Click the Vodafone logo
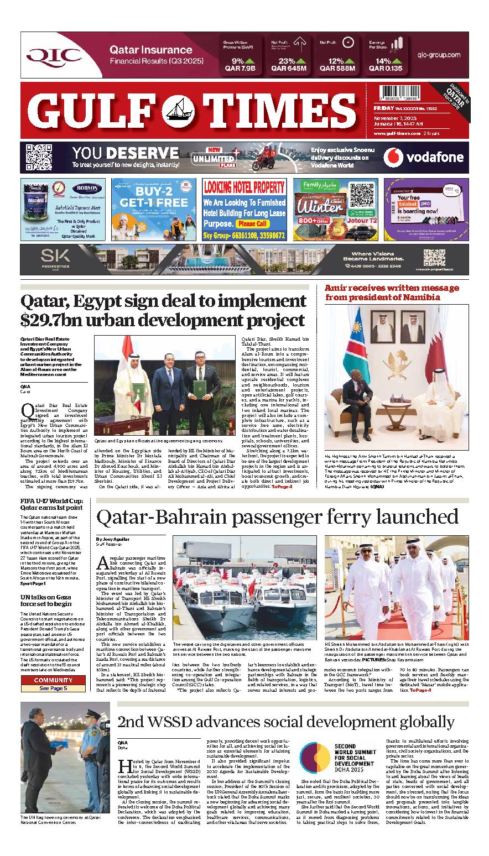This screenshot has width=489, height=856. click(x=424, y=158)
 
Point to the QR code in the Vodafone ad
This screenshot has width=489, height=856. click(x=39, y=157)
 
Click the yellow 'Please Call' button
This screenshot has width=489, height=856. click(x=252, y=224)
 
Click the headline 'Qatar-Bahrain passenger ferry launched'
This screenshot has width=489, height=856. click(x=277, y=516)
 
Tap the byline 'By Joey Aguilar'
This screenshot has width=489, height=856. click(x=113, y=539)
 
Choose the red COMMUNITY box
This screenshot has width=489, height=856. click(x=53, y=680)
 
